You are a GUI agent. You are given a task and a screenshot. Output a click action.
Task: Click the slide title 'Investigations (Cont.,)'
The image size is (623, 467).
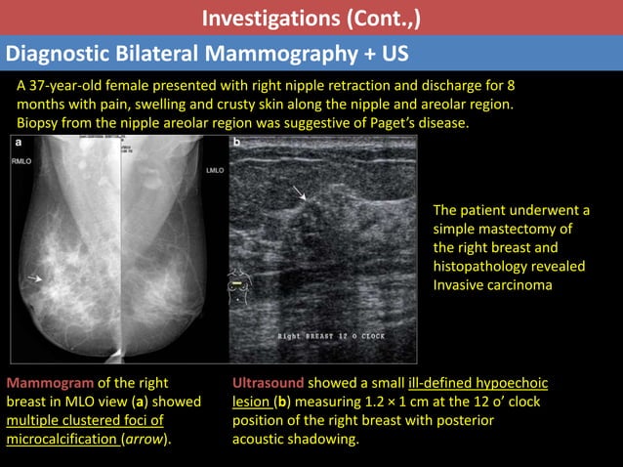[x=311, y=18]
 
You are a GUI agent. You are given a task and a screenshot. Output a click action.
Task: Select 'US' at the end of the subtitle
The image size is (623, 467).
[x=395, y=53]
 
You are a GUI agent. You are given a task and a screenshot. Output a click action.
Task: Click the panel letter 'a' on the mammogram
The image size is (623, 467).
[x=17, y=144]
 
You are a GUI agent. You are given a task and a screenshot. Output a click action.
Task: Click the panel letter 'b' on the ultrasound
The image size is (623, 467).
[x=236, y=144]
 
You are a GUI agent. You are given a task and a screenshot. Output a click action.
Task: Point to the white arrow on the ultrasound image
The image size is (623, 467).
[x=299, y=194]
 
